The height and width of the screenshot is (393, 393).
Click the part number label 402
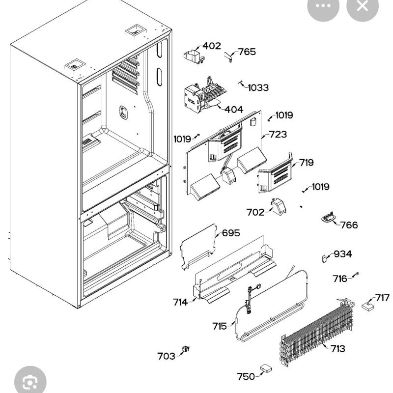[x=212, y=46]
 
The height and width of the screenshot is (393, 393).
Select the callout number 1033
[x=258, y=88]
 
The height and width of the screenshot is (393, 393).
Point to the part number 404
[x=234, y=110]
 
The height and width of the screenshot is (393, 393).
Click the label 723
[x=278, y=134]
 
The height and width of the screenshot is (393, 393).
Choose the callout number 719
[x=306, y=163]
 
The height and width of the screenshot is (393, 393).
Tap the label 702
[x=255, y=212]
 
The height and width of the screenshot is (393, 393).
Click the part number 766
[x=349, y=225]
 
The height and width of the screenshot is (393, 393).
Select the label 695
[x=231, y=233]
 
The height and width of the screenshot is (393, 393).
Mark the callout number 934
[x=342, y=254]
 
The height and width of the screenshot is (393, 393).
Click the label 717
[x=382, y=298]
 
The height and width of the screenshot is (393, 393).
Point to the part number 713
[x=337, y=349]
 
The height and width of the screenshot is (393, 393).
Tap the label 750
[x=246, y=376]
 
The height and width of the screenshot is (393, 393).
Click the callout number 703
[x=166, y=356]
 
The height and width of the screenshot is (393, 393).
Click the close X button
[x=363, y=6]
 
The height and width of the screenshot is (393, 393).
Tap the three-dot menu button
[x=323, y=6]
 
